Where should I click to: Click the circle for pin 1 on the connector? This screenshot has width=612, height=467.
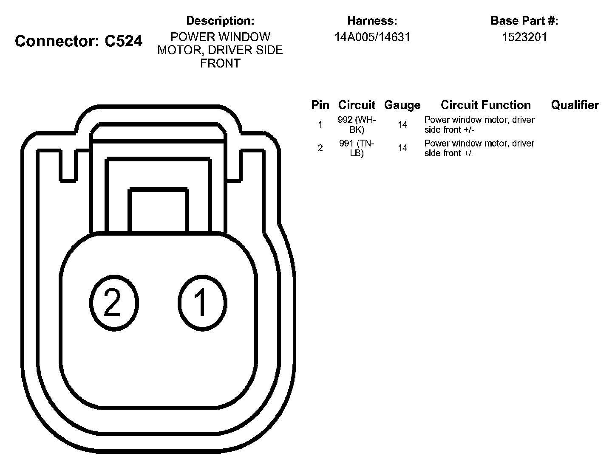202,303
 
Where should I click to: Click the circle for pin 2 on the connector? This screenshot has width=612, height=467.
114,303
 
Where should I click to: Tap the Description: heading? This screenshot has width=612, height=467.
220,20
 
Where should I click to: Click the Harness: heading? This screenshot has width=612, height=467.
372,20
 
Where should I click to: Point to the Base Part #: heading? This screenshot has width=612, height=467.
524,20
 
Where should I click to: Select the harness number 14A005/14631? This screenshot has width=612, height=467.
372,37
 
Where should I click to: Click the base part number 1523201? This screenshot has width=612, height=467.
524,37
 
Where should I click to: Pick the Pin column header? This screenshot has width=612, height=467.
320,105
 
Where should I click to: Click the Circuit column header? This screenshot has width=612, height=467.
357,105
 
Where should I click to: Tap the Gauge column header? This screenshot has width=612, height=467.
402,105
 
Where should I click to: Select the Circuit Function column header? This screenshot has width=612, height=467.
485,105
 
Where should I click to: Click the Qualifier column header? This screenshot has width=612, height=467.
575,105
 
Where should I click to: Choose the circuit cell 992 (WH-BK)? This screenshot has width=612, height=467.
357,125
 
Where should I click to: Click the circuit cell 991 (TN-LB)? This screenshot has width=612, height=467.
357,148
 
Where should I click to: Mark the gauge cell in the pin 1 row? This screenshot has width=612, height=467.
402,125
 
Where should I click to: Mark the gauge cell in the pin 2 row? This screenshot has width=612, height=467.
402,148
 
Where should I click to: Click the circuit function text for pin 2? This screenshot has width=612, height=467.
479,148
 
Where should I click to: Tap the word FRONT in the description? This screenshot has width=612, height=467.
220,63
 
